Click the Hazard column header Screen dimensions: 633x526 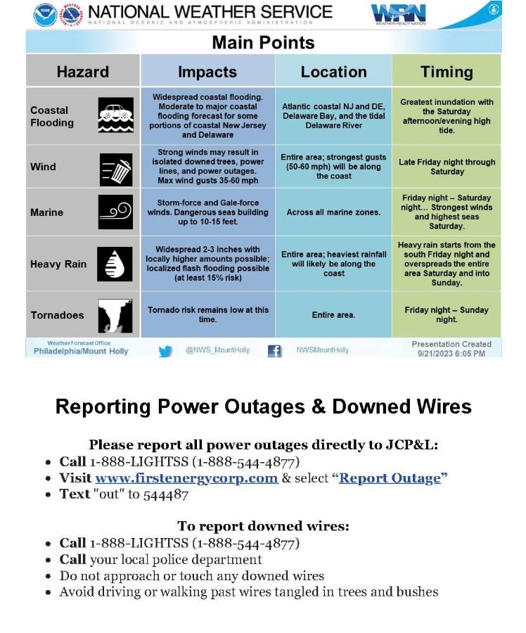(83, 72)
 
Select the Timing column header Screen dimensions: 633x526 (447, 72)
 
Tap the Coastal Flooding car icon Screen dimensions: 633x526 (115, 116)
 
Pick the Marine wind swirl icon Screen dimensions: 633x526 (115, 212)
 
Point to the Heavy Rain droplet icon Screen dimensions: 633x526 (115, 264)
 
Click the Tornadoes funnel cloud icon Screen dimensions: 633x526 (115, 315)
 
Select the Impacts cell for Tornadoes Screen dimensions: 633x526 (207, 314)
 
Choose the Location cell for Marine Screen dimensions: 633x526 (333, 212)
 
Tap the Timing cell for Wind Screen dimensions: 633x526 (447, 167)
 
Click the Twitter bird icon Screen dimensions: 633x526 (165, 351)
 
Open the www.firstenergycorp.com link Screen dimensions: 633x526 (186, 478)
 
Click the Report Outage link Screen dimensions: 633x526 (390, 478)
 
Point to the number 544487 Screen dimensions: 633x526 (166, 494)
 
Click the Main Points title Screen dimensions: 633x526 (263, 42)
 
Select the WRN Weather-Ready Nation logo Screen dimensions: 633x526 (398, 14)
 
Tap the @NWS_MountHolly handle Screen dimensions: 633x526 (217, 350)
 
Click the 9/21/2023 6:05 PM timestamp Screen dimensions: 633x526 (451, 354)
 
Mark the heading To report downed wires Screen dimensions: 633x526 (263, 526)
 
